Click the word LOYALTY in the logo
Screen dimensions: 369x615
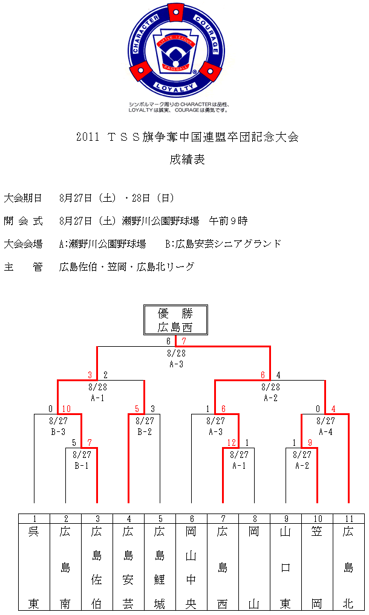click(175, 88)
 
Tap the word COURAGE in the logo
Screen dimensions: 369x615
click(207, 34)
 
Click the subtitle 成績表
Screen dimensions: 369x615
click(188, 159)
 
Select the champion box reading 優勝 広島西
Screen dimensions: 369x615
click(175, 320)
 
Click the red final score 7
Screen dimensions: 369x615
click(184, 341)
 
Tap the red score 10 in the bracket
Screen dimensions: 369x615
click(66, 409)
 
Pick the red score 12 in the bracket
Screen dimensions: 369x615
click(232, 443)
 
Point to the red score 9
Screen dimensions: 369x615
click(310, 443)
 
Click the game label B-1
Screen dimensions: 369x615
click(82, 466)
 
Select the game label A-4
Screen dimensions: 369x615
click(325, 432)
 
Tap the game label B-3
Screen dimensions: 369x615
click(58, 432)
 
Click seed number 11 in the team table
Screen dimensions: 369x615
click(349, 519)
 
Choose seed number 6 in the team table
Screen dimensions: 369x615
click(192, 519)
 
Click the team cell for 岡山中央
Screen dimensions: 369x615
click(192, 567)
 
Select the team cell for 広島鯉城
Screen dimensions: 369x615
click(160, 567)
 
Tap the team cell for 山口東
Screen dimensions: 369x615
click(286, 567)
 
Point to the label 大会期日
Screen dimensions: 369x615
click(23, 198)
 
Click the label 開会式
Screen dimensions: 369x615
click(23, 221)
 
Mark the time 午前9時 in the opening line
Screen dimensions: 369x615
click(229, 221)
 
